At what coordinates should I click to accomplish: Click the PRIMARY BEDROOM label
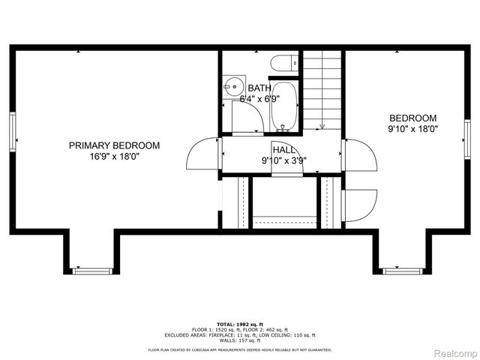114,145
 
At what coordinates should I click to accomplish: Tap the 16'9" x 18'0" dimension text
114,157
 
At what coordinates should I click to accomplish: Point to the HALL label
283,149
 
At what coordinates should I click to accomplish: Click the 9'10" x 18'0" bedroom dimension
412,129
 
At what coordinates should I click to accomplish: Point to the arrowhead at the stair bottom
322,125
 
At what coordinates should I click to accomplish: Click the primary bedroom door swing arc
202,156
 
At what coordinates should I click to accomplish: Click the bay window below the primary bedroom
89,269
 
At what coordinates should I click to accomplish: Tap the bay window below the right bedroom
400,269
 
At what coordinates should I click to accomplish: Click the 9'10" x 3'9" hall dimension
283,160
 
